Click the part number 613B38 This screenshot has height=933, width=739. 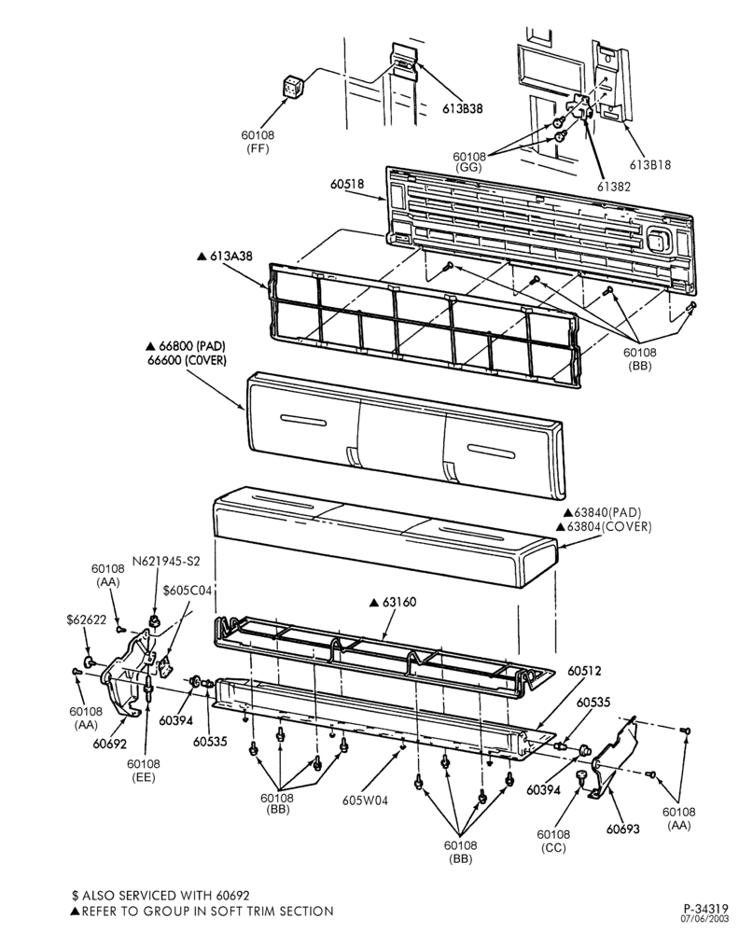pos(462,108)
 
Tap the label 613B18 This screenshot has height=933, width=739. pos(650,164)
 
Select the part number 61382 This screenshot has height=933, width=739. pos(614,187)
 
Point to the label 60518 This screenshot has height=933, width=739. pos(347,184)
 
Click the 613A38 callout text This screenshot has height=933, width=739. pos(230,256)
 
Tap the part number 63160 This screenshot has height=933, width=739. pos(399,602)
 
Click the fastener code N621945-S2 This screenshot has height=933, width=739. pos(166,561)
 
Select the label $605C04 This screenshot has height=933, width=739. pos(187,590)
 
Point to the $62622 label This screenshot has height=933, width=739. pos(86,620)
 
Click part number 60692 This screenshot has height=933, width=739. pos(109,744)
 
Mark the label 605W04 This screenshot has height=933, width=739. pos(365,801)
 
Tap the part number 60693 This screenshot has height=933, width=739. pos(623,829)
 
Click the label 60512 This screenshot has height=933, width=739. pos(584,671)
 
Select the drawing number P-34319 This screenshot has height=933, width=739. pos(705,909)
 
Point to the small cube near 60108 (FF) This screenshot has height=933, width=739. pos(292,87)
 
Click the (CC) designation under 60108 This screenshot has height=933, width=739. pos(553,848)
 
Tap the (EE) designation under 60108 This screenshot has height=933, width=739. pos(144,778)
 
